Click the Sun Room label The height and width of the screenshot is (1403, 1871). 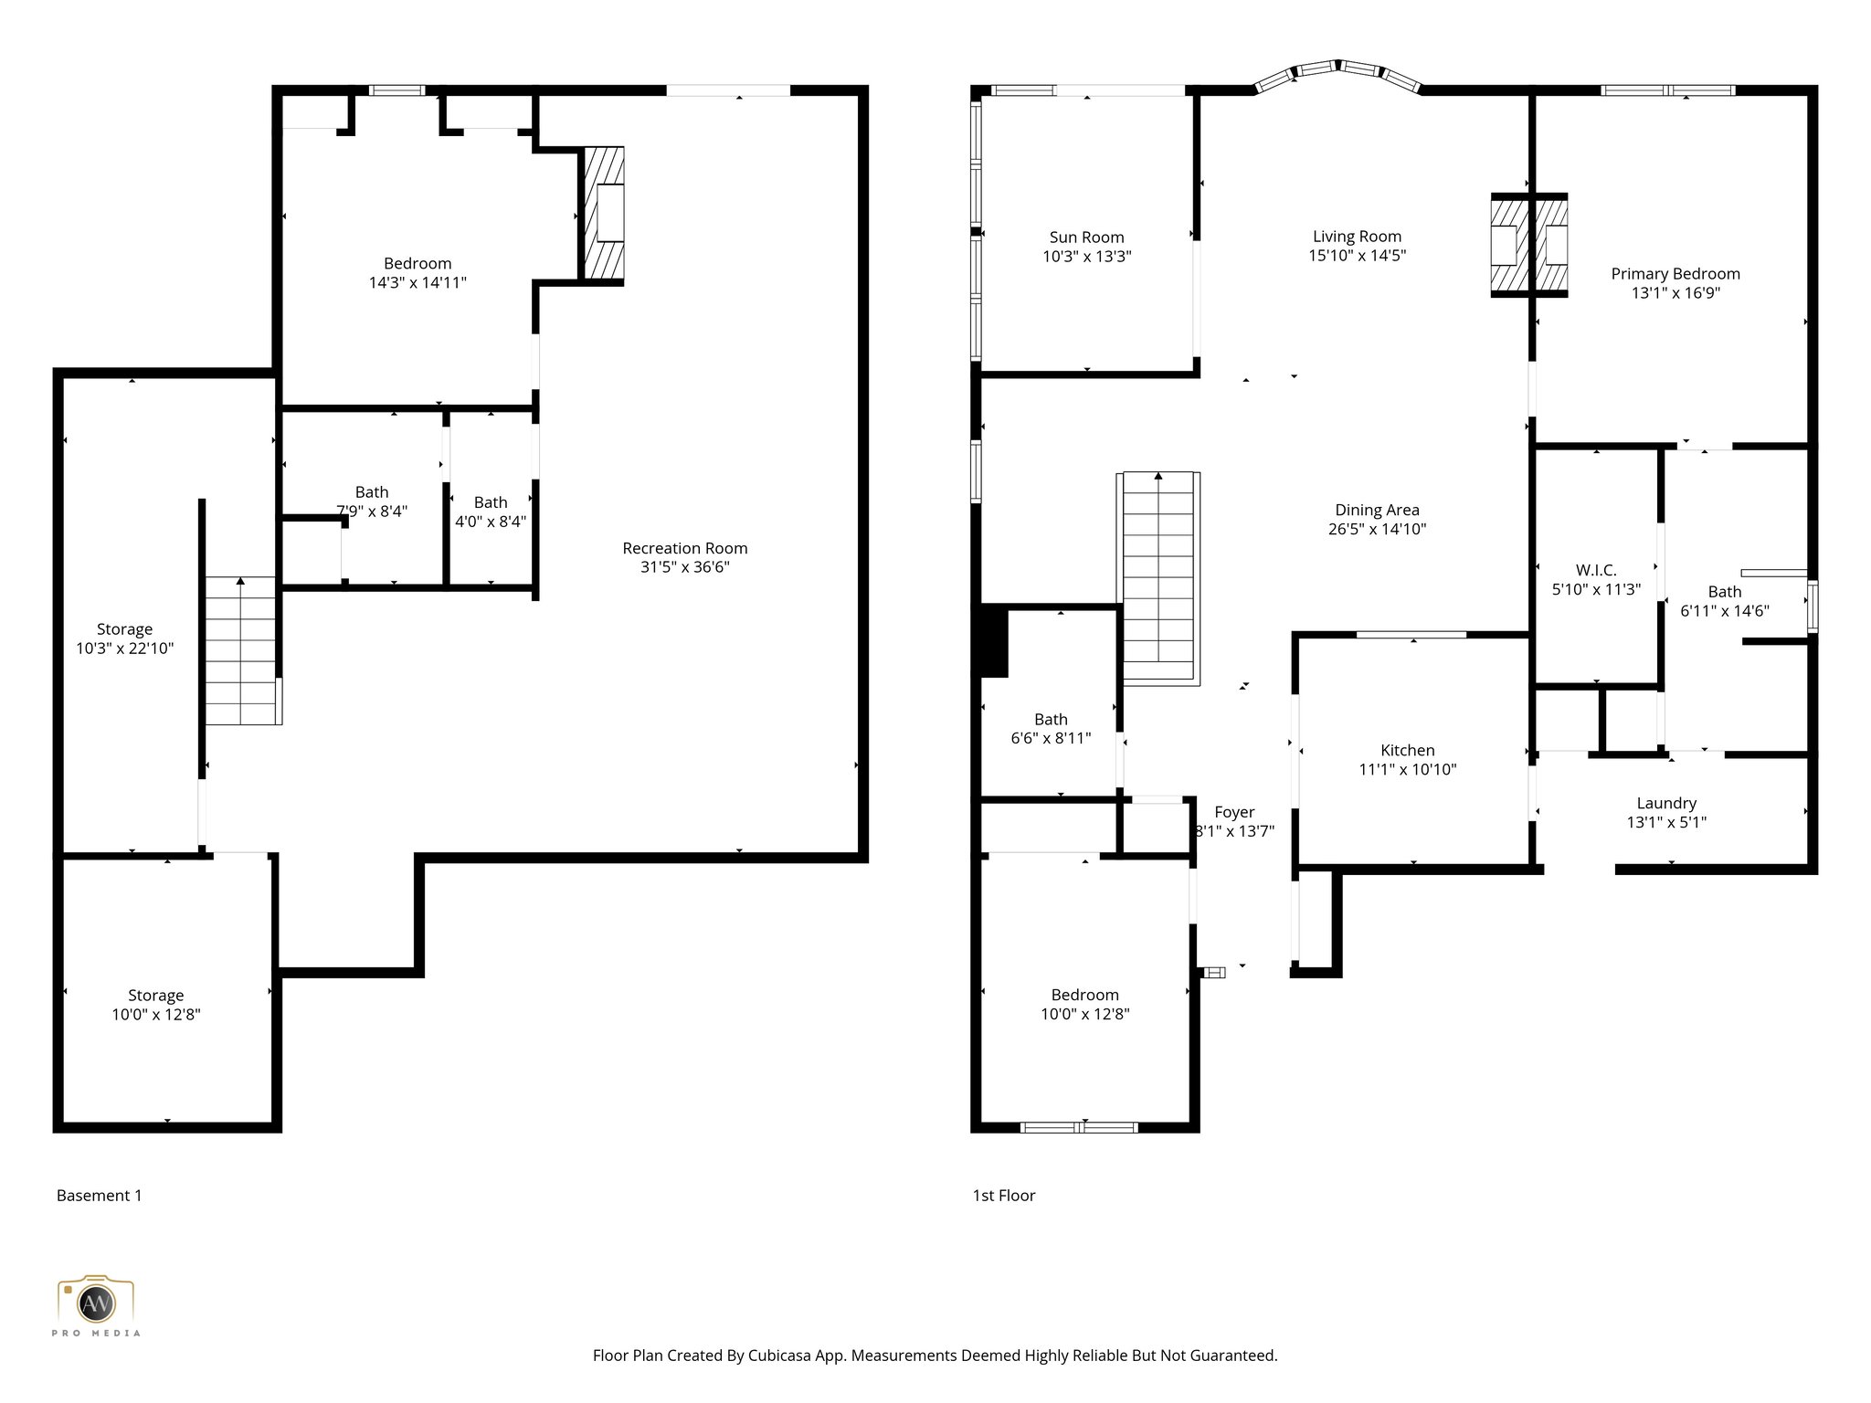pyautogui.click(x=1086, y=237)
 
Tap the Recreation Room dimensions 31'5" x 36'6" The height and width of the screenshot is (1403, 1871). pyautogui.click(x=684, y=567)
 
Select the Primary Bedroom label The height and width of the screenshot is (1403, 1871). pyautogui.click(x=1675, y=274)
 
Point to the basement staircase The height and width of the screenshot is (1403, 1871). pyautogui.click(x=240, y=650)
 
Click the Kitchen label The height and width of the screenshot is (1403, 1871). pyautogui.click(x=1407, y=751)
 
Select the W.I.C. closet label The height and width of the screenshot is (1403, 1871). pyautogui.click(x=1596, y=571)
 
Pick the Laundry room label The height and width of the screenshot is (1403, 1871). pyautogui.click(x=1666, y=804)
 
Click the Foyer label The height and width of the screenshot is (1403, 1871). pyautogui.click(x=1234, y=813)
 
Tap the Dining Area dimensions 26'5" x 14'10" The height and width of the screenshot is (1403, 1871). pyautogui.click(x=1377, y=529)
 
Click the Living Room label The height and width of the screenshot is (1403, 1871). pyautogui.click(x=1357, y=237)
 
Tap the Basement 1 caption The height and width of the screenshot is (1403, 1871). pyautogui.click(x=99, y=1196)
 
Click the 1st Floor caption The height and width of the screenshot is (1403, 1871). pyautogui.click(x=1003, y=1196)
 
